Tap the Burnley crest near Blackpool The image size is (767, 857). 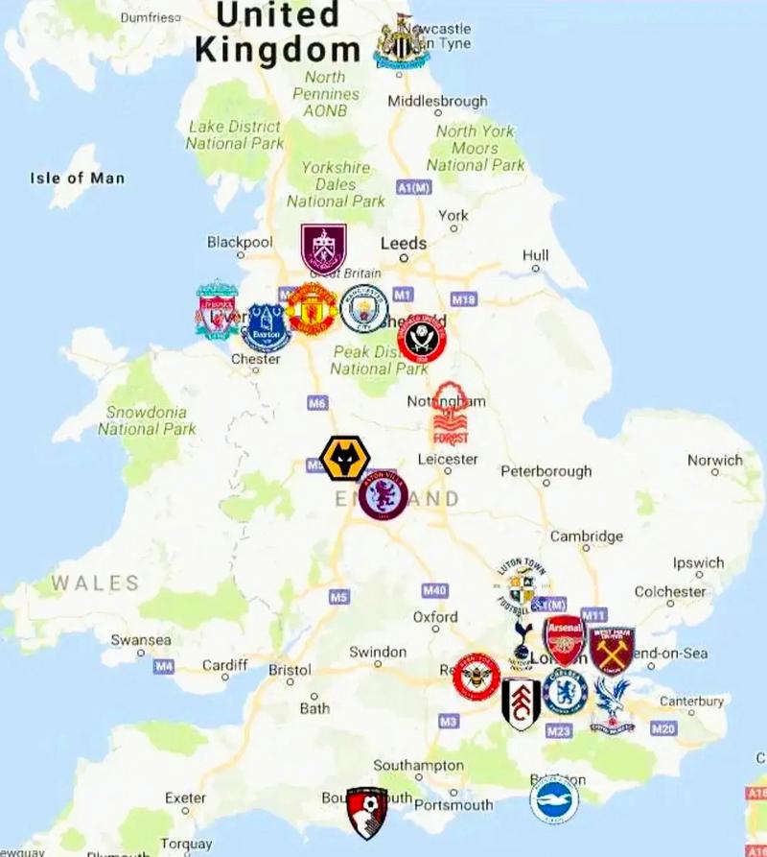click(323, 249)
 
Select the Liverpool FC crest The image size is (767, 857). click(218, 308)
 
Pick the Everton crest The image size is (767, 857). click(266, 327)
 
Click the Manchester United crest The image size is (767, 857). click(312, 309)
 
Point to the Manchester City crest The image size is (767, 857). click(364, 308)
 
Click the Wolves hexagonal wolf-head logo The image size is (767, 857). click(344, 459)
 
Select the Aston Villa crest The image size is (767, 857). click(383, 496)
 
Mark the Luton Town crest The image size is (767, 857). click(523, 585)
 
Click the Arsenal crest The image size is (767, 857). click(565, 640)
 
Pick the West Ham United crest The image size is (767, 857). click(612, 651)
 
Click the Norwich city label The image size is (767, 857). click(715, 461)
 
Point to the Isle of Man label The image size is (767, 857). click(77, 178)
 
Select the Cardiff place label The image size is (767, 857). click(225, 665)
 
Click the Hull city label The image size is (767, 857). click(536, 255)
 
